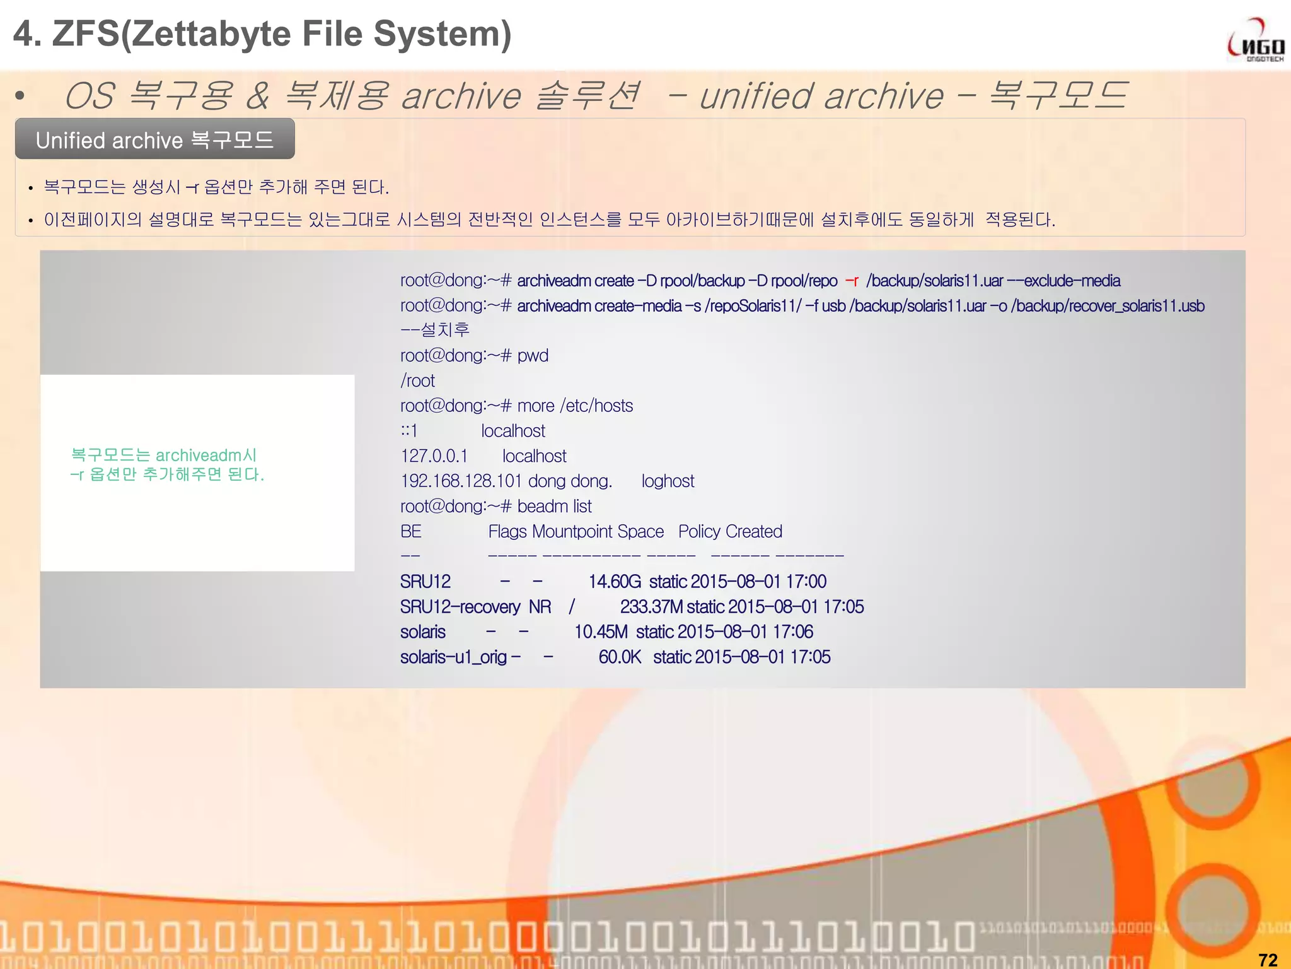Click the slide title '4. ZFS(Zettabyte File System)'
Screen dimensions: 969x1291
click(x=262, y=34)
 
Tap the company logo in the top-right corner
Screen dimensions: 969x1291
click(x=1255, y=41)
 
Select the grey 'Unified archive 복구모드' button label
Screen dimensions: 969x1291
click(x=154, y=139)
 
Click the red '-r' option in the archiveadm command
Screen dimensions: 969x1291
click(x=852, y=281)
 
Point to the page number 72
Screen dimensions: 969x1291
click(x=1268, y=960)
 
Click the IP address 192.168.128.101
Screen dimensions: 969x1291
click(x=461, y=481)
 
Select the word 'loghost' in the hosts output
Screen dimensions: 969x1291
click(x=668, y=481)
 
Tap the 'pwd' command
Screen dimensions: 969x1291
click(x=533, y=356)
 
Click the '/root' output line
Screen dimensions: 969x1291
click(x=417, y=381)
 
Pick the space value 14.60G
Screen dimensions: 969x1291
click(x=615, y=582)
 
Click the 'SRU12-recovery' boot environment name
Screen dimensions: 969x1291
click(x=460, y=607)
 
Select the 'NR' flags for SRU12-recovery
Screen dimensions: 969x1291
click(x=540, y=607)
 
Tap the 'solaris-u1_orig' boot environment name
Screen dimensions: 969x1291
click(x=453, y=657)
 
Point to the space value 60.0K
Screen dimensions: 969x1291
click(x=620, y=657)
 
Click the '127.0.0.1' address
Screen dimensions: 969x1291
click(x=434, y=456)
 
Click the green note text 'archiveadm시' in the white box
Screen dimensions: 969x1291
click(x=206, y=455)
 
